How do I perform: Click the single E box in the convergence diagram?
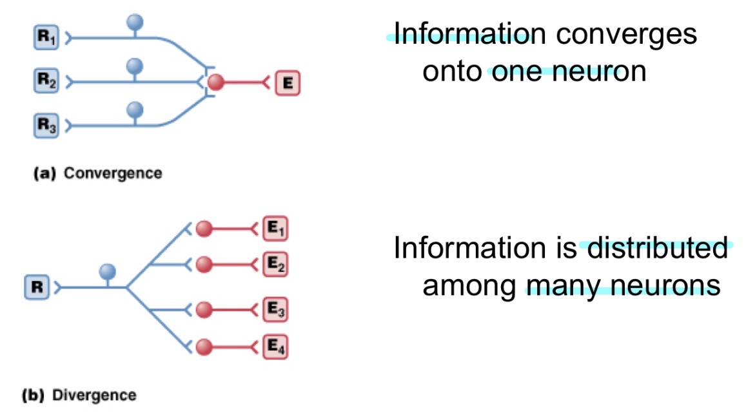pos(287,82)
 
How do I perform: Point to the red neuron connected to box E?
pos(216,82)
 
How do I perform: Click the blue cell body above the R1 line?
pos(135,23)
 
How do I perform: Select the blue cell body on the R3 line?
pos(135,109)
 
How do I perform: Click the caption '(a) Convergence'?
pos(97,173)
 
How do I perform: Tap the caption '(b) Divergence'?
pos(79,395)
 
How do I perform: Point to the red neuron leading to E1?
pos(204,229)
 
